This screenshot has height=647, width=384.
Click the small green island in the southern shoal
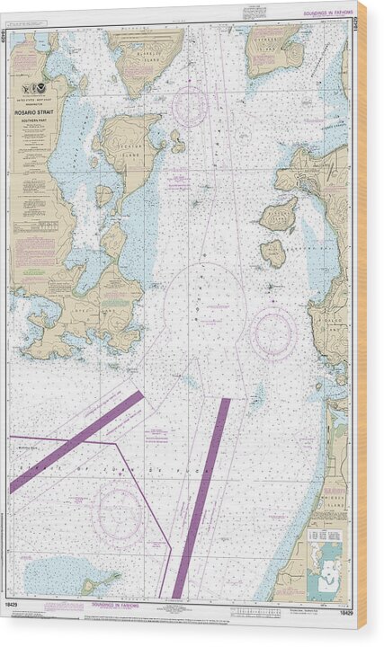tap(90, 586)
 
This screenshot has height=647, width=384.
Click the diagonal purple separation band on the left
tap(76, 440)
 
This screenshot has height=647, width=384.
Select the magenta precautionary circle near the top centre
tap(190, 105)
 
